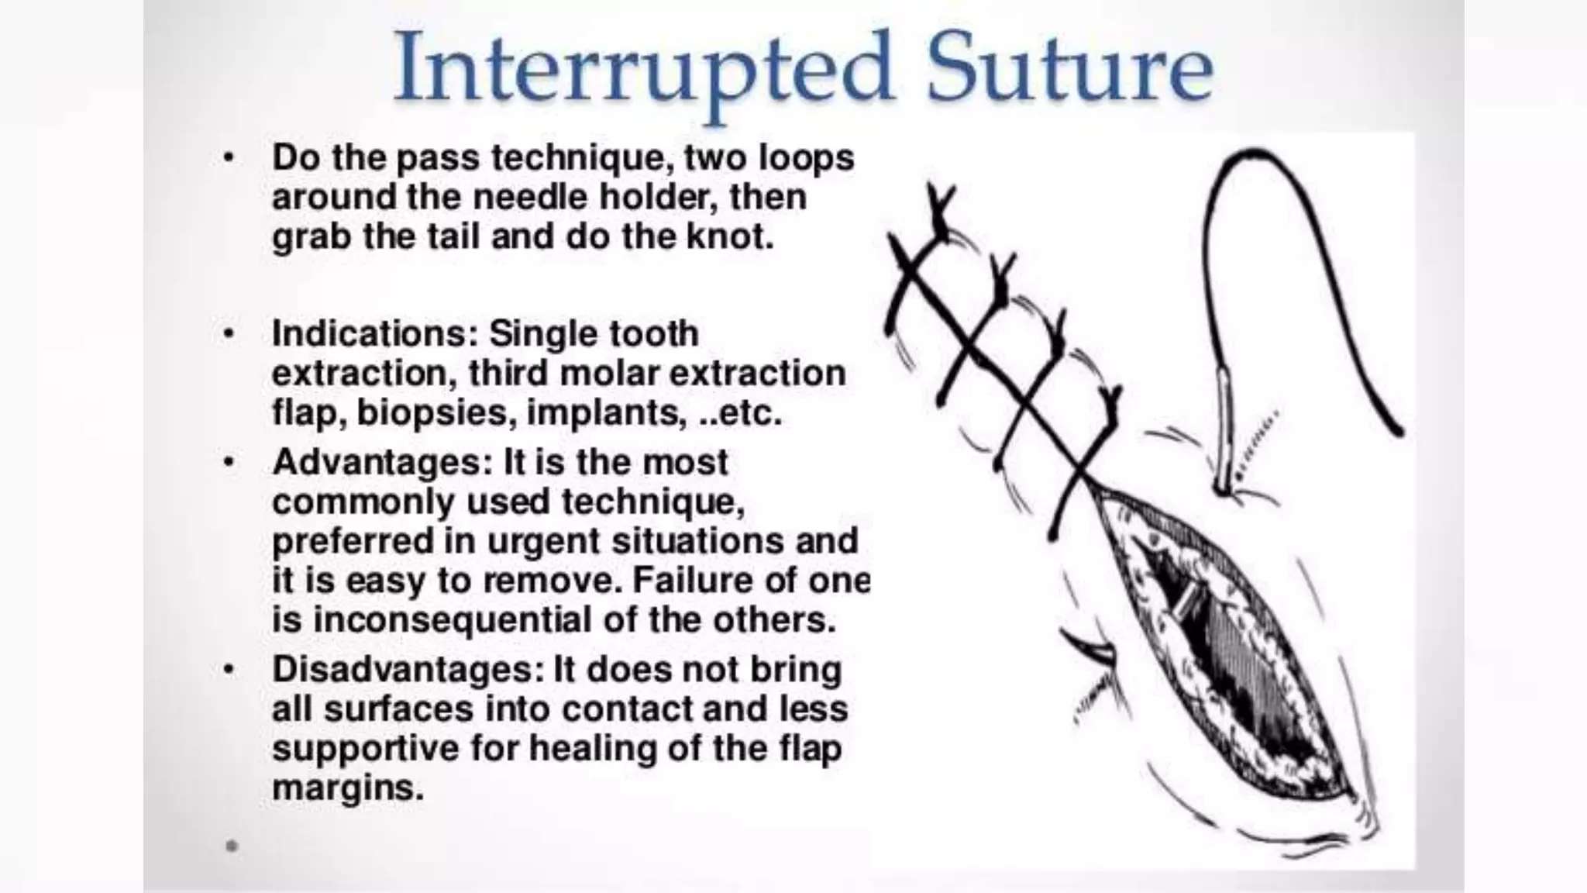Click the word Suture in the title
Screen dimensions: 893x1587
1070,68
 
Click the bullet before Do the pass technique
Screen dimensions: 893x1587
228,158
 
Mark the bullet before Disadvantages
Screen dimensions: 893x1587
228,670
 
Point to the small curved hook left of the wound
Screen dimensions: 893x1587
1089,650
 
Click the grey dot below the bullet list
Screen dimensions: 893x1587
231,846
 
